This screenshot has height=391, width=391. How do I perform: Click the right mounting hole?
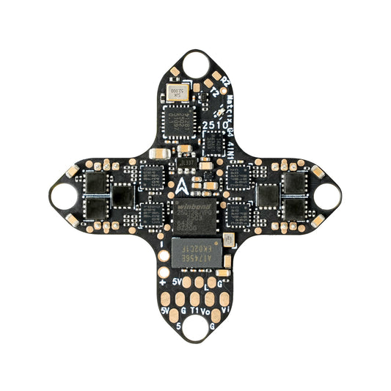tap(327, 195)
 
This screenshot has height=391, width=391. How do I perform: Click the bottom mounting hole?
tap(195, 327)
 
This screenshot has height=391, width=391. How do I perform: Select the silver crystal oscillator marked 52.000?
tap(176, 92)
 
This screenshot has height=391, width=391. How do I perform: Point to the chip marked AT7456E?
tap(194, 251)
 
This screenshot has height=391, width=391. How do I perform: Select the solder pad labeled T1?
tap(194, 299)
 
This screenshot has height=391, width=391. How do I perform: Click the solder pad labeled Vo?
tap(211, 299)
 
